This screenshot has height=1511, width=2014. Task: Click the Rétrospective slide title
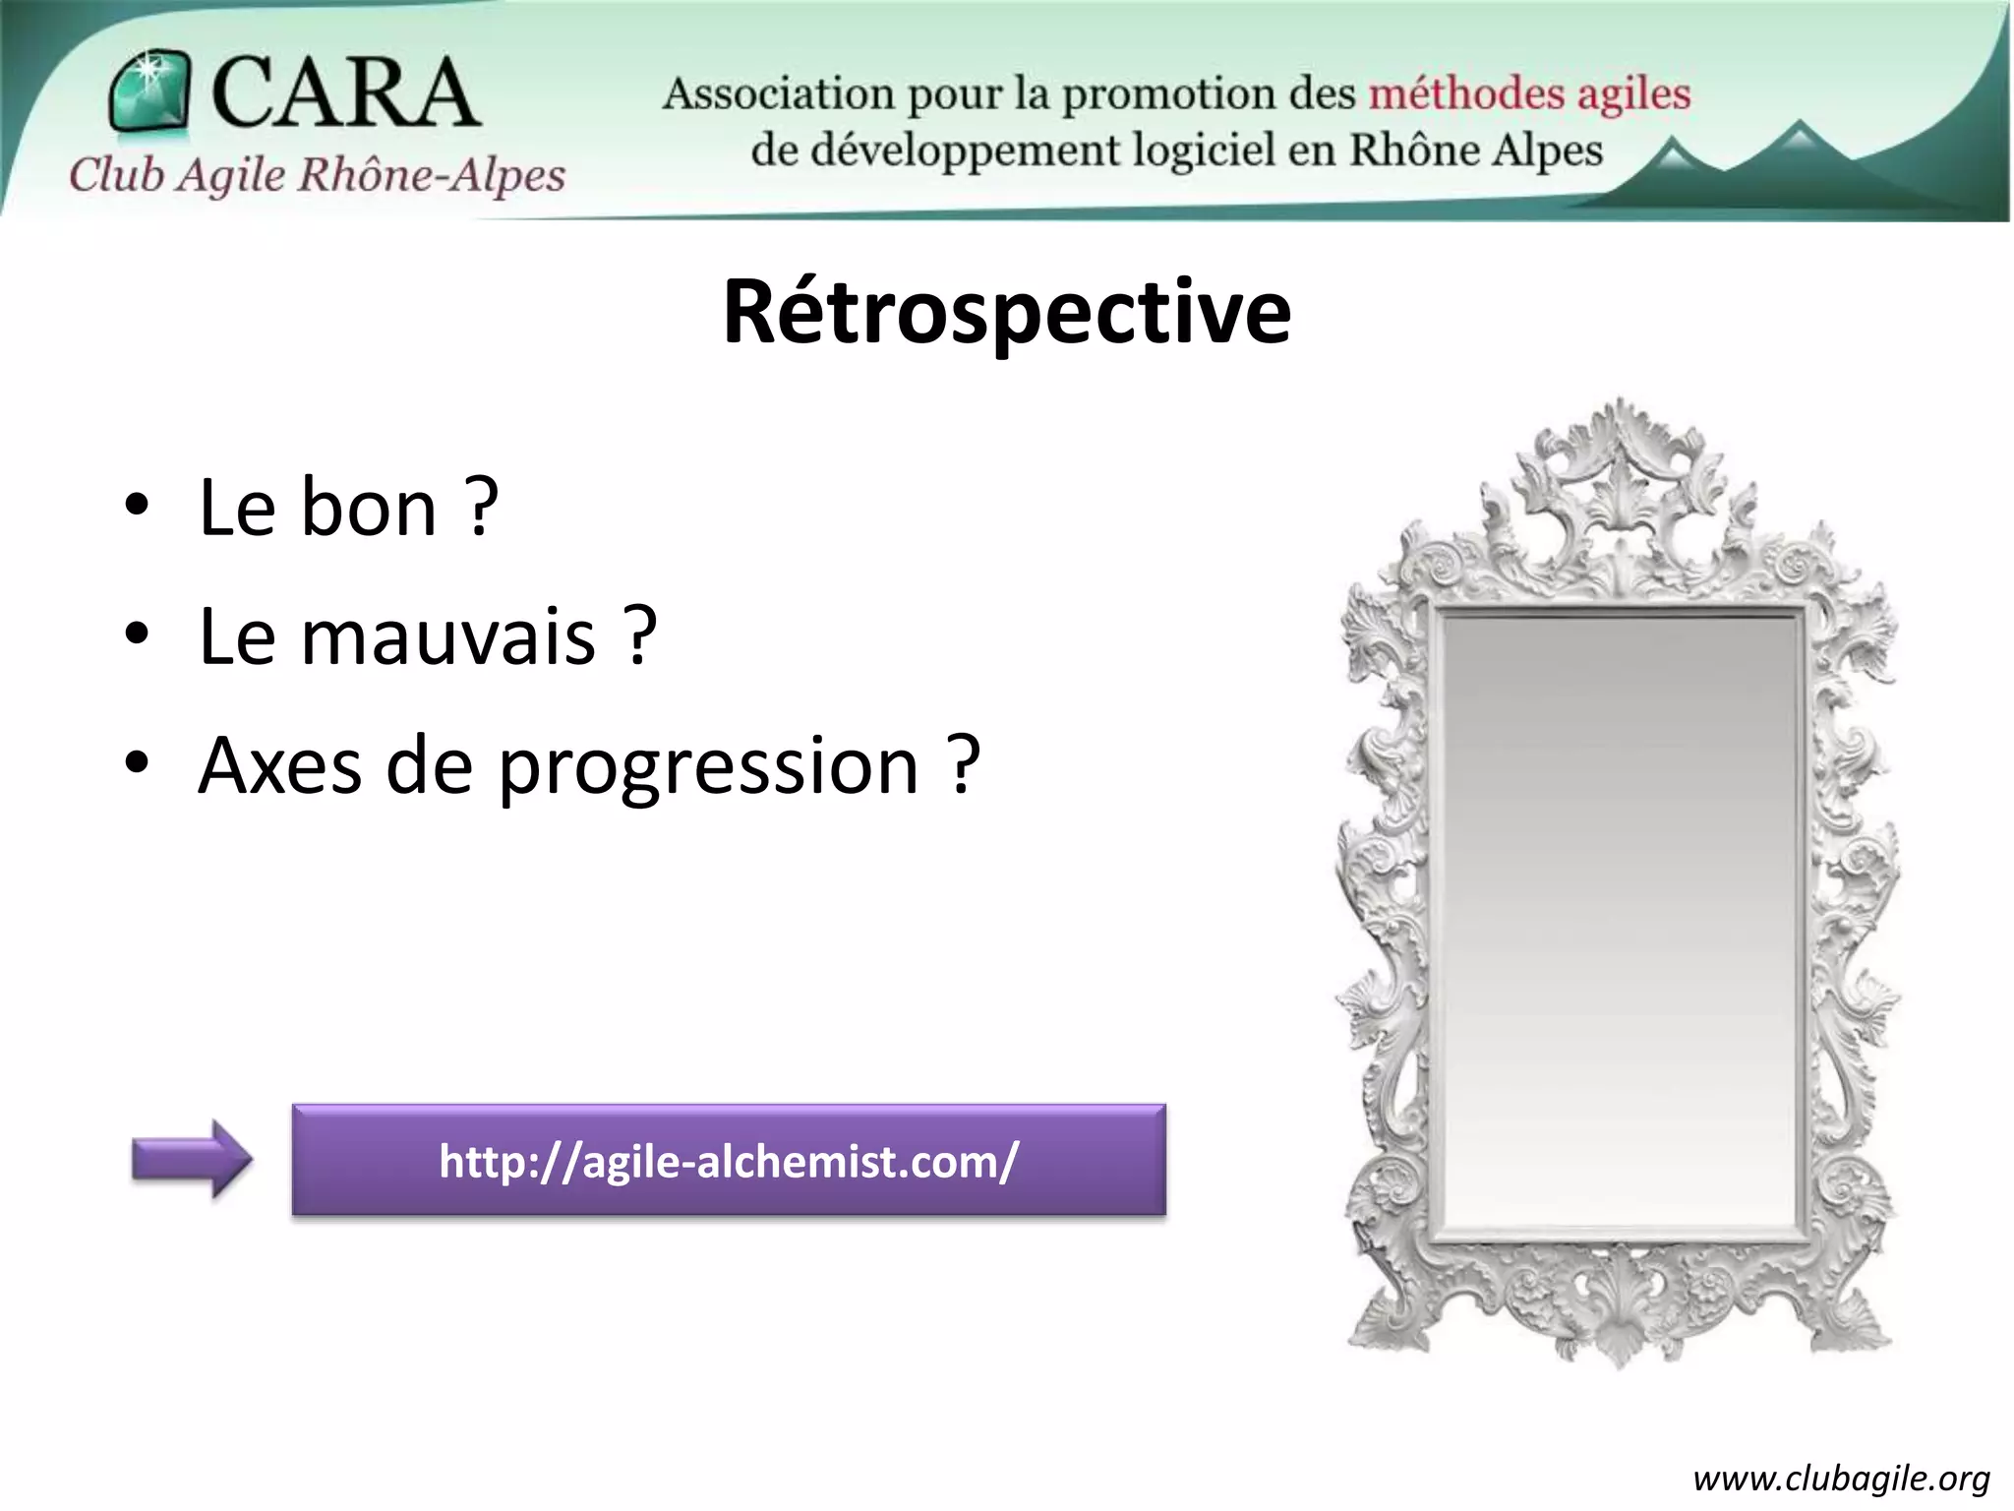pyautogui.click(x=1006, y=313)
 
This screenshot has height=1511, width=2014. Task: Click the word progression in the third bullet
pyautogui.click(x=708, y=767)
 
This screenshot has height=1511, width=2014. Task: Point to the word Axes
pyautogui.click(x=280, y=767)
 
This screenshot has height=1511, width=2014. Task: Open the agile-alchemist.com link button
pyautogui.click(x=729, y=1161)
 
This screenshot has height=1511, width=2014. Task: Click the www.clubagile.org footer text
pyautogui.click(x=1841, y=1479)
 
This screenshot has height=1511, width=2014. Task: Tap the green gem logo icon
pyautogui.click(x=149, y=91)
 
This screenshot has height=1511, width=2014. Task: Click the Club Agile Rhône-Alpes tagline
pyautogui.click(x=317, y=175)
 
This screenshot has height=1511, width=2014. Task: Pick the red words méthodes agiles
pyautogui.click(x=1529, y=94)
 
